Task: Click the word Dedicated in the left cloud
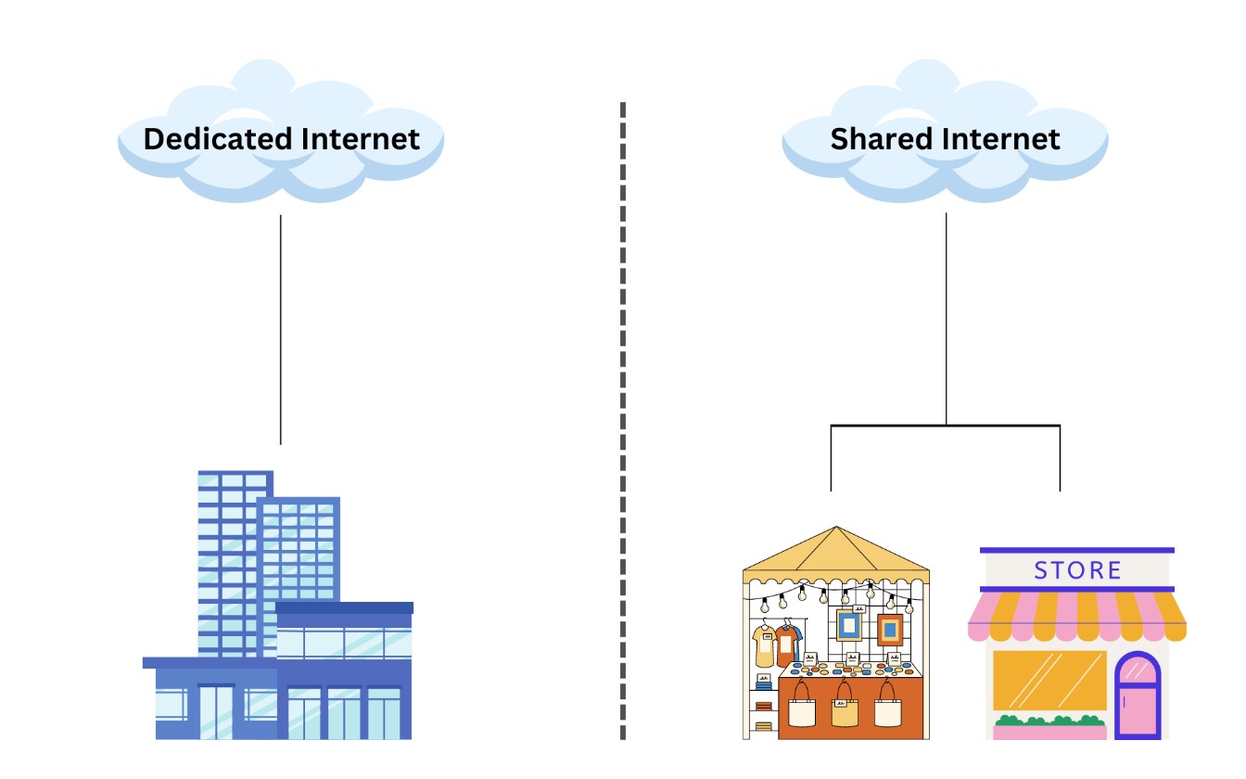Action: (210, 139)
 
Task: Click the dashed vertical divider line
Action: (622, 417)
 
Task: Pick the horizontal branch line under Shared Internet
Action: (946, 426)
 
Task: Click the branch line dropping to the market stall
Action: (831, 459)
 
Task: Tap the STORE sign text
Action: (1077, 569)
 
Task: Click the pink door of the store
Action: (1138, 696)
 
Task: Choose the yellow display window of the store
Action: (1049, 680)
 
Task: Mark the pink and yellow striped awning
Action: (1076, 617)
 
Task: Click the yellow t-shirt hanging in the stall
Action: (764, 644)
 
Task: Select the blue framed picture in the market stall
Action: (848, 627)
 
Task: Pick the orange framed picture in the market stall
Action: (890, 631)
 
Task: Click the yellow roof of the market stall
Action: (835, 552)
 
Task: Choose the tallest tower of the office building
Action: (232, 556)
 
